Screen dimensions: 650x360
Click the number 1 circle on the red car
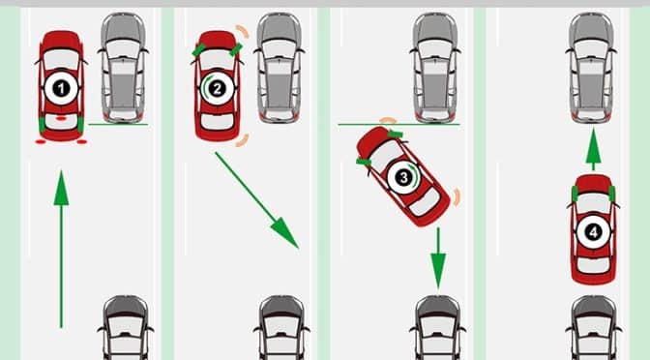(61, 88)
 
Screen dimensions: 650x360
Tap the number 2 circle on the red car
(217, 88)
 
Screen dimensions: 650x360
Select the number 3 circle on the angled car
(402, 178)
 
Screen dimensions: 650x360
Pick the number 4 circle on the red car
(593, 232)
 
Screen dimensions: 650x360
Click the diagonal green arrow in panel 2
(256, 200)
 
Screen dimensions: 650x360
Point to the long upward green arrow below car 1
(61, 250)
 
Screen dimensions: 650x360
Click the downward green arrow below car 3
(438, 258)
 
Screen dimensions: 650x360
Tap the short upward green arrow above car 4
(593, 149)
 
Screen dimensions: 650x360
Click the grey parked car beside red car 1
(123, 68)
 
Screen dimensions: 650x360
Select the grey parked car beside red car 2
(279, 68)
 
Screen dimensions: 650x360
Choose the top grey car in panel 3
(435, 68)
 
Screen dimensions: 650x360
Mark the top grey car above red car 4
(591, 68)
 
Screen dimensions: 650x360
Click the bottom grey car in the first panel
(125, 328)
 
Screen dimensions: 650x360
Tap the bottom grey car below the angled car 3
(438, 328)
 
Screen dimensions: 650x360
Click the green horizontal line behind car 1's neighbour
(118, 124)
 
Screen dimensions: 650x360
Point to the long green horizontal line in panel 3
(399, 124)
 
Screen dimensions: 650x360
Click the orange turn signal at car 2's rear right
(243, 140)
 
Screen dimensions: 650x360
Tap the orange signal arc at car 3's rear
(457, 197)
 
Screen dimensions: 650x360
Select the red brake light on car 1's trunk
(61, 118)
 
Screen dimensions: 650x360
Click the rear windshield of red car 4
(593, 265)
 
